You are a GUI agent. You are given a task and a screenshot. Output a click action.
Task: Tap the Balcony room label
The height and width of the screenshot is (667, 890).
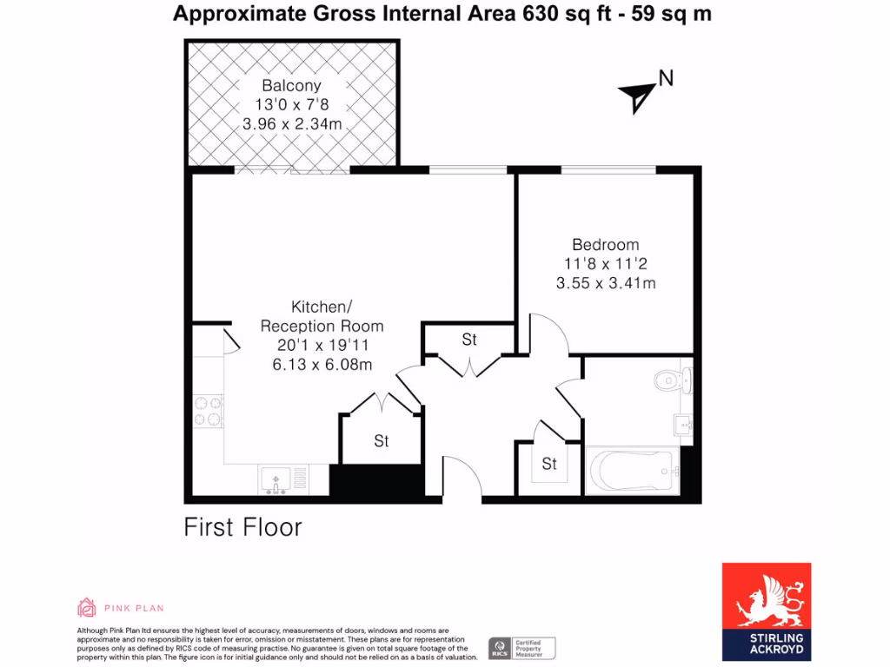pos(291,86)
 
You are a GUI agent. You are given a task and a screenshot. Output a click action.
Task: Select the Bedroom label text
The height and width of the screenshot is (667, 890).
pos(605,245)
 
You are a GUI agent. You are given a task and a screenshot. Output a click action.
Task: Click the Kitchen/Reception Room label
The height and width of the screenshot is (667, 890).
pos(322,317)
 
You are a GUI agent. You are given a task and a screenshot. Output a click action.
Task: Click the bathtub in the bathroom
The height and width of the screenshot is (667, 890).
pos(633,472)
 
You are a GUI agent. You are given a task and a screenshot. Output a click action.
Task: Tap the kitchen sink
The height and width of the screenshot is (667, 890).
pos(276,479)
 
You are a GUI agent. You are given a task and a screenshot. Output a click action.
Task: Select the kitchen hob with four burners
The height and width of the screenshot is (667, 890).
pos(209,411)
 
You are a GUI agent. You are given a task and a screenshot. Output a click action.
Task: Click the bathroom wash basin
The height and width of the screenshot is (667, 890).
pos(682,425)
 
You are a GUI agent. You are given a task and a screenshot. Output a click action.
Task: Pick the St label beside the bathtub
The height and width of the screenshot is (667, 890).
pos(549,465)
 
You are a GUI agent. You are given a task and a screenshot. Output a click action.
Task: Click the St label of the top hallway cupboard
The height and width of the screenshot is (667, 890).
pos(469,340)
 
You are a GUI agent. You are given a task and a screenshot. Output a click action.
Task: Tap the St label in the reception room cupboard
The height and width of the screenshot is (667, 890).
pos(382,441)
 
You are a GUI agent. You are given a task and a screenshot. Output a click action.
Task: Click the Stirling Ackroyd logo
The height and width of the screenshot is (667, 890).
pos(767,611)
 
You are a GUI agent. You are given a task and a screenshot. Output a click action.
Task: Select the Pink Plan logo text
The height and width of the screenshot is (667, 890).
pos(134,608)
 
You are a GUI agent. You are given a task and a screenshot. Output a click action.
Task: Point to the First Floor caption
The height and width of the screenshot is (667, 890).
pos(242,527)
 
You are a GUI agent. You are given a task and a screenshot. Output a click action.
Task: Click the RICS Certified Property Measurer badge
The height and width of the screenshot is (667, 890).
pos(521,648)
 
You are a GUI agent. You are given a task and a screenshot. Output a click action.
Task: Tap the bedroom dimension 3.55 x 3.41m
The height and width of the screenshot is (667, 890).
pos(605,282)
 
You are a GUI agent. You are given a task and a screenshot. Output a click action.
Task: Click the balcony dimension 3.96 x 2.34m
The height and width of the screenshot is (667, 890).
pos(291,124)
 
